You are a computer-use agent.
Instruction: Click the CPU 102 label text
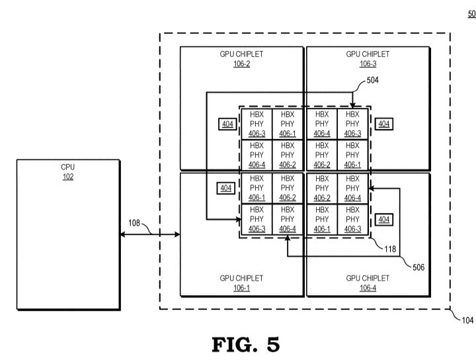(x=67, y=171)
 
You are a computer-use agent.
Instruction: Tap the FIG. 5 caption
(x=245, y=345)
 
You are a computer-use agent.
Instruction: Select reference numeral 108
(x=134, y=223)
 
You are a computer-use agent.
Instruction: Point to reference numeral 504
(x=372, y=80)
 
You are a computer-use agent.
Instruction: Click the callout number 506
(x=418, y=267)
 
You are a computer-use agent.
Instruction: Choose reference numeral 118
(x=390, y=249)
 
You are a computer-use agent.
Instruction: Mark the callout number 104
(x=467, y=320)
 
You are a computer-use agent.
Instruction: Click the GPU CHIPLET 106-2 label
(x=241, y=59)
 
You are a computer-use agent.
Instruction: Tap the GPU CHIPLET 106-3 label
(x=368, y=59)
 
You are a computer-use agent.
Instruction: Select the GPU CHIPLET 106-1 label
(x=241, y=283)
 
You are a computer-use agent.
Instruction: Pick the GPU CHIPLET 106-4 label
(x=368, y=283)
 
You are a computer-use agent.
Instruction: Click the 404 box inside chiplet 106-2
(x=227, y=124)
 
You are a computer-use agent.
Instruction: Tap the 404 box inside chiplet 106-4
(x=384, y=219)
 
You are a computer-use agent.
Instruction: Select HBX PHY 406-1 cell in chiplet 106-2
(x=288, y=124)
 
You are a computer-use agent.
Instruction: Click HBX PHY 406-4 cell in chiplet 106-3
(x=322, y=124)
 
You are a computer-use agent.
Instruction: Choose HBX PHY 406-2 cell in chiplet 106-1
(x=288, y=188)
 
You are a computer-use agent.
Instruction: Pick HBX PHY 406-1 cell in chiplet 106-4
(x=322, y=219)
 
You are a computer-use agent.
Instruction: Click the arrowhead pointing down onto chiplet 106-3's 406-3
(x=352, y=105)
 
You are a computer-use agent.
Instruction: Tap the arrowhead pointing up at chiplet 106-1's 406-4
(x=288, y=238)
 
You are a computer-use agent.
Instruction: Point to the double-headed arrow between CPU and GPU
(x=150, y=234)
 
